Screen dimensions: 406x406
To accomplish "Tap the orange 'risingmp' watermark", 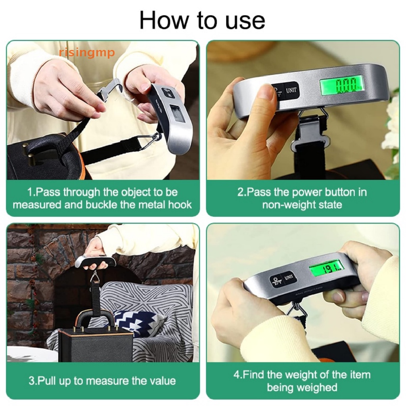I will click(x=87, y=52).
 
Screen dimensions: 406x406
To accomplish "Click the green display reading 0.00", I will click(x=342, y=84).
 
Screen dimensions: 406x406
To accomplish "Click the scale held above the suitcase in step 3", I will click(x=95, y=261).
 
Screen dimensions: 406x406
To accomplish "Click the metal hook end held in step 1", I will click(x=109, y=89).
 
